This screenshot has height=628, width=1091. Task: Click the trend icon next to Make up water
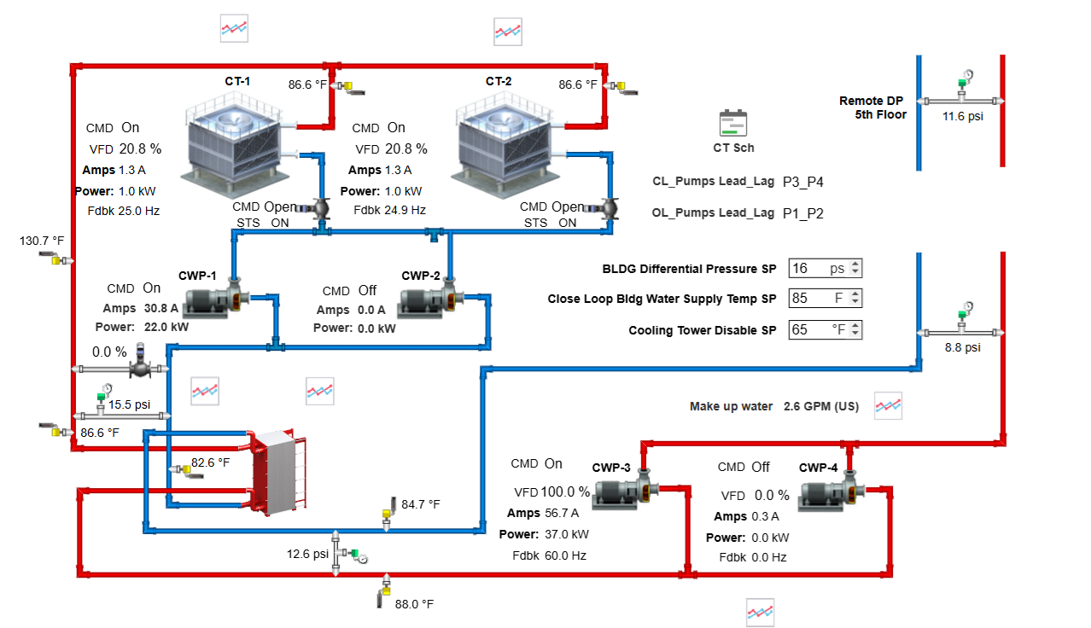888,406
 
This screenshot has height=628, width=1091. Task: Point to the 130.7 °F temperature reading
42,241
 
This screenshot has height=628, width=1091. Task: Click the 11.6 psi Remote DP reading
962,116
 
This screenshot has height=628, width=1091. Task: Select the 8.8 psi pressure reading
962,348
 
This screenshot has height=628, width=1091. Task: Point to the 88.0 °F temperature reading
414,604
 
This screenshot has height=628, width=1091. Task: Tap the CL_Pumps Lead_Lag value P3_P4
802,182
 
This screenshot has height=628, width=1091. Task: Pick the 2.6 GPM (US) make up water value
820,406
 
